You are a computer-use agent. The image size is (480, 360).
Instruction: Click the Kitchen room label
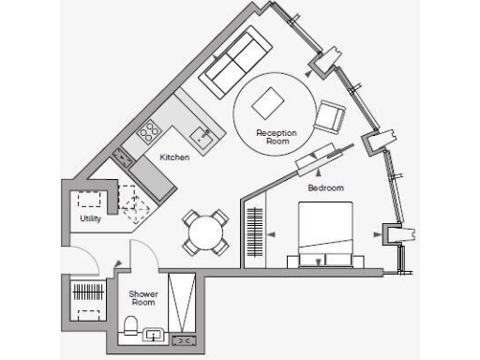[x=174, y=157]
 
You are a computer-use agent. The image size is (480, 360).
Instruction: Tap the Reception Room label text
[x=277, y=137]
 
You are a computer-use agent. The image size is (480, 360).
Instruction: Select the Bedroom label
[x=326, y=187]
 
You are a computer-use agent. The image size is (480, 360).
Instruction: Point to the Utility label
[x=90, y=218]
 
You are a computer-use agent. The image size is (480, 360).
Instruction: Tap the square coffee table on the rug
[x=271, y=102]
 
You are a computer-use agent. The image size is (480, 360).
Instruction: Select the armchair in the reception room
[x=330, y=117]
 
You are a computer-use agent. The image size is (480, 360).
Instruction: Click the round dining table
[x=204, y=232]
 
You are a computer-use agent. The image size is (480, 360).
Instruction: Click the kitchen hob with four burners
[x=149, y=128]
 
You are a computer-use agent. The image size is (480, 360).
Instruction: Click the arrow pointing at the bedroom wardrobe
[x=270, y=234]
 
